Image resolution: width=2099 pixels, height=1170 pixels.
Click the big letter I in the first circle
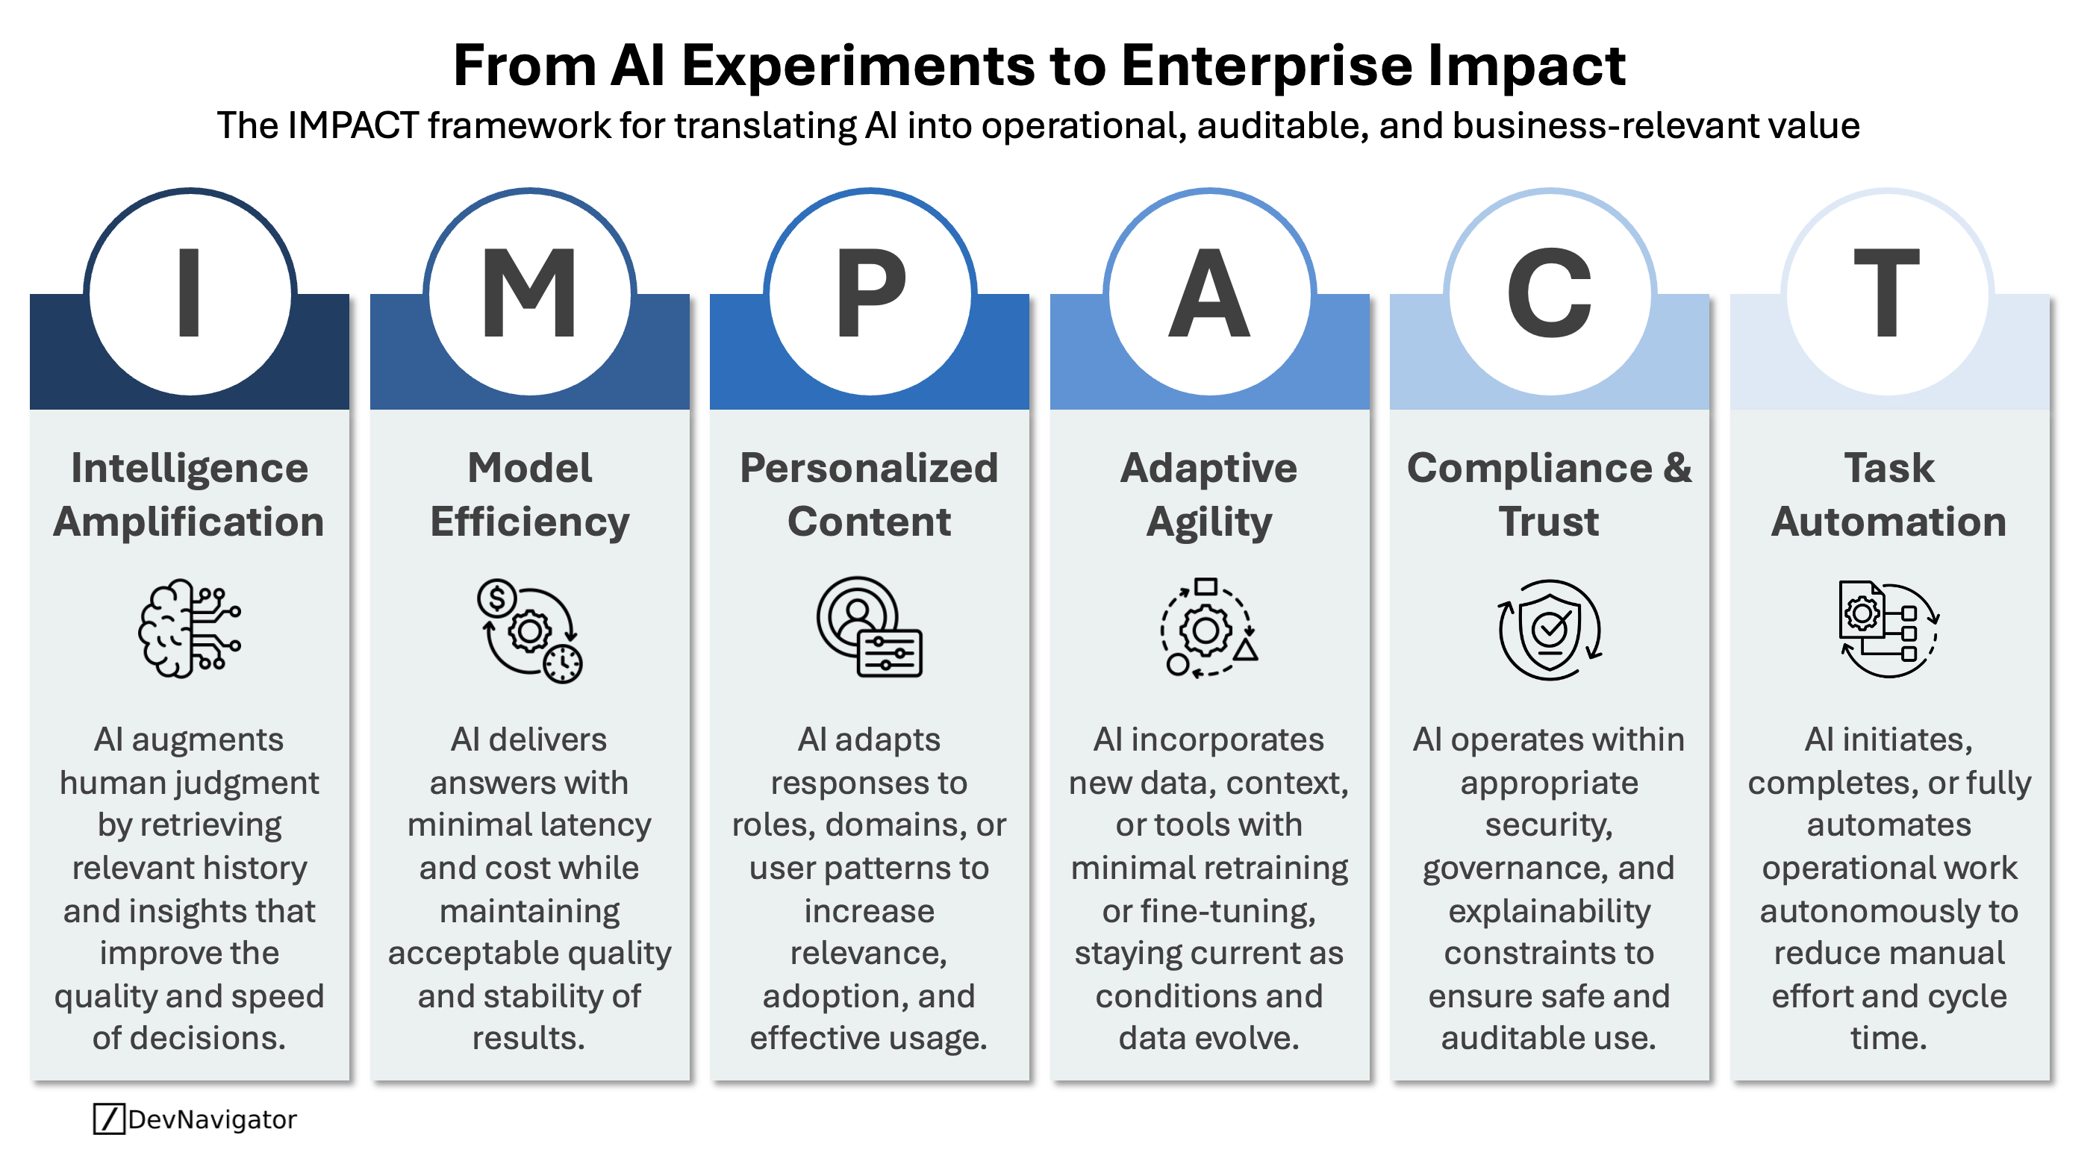click(189, 292)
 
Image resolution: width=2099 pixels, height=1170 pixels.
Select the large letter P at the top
click(870, 292)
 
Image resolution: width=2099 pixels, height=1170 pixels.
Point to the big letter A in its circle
click(1209, 292)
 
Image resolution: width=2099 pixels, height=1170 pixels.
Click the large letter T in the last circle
click(1888, 292)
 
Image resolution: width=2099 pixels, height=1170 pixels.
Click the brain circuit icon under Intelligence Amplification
click(189, 628)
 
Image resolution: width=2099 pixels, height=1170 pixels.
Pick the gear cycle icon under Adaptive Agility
click(1209, 628)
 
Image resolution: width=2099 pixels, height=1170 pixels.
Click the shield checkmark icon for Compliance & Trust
click(1549, 630)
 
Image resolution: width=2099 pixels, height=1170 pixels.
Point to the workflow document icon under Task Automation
click(1888, 628)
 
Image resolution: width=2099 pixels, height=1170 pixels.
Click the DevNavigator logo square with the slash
click(108, 1119)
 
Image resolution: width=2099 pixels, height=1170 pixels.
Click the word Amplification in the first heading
click(189, 522)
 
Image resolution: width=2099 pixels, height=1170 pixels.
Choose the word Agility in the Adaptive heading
click(1209, 523)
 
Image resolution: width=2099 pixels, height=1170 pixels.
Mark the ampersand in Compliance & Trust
click(1677, 469)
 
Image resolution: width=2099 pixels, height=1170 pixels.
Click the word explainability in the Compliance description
click(1549, 911)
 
